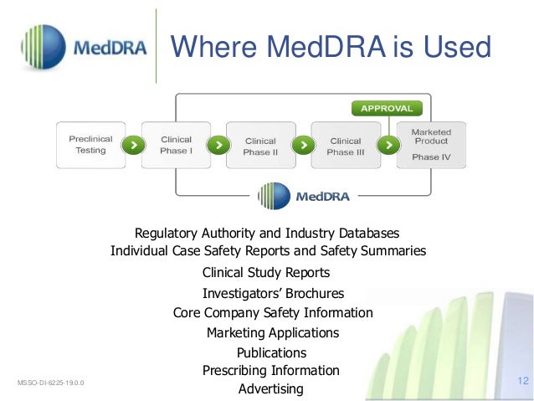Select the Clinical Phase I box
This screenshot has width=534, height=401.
(x=175, y=145)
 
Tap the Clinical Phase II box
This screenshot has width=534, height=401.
(x=260, y=147)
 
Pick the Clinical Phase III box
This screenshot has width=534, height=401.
(x=345, y=147)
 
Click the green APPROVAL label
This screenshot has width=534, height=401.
(x=386, y=108)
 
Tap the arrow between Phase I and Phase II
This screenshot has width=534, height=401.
(x=218, y=145)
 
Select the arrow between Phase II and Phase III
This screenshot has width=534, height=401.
(x=303, y=145)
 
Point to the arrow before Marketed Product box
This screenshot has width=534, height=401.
(x=388, y=145)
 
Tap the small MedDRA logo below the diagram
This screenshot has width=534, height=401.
(x=304, y=196)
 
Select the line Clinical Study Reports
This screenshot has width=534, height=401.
(x=266, y=273)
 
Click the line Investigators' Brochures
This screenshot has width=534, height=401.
(x=273, y=293)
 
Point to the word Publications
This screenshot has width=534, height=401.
(x=271, y=352)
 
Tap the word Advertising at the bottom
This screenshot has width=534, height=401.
(x=270, y=388)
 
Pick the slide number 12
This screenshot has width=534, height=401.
(x=523, y=381)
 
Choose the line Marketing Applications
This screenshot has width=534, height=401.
(x=273, y=332)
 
